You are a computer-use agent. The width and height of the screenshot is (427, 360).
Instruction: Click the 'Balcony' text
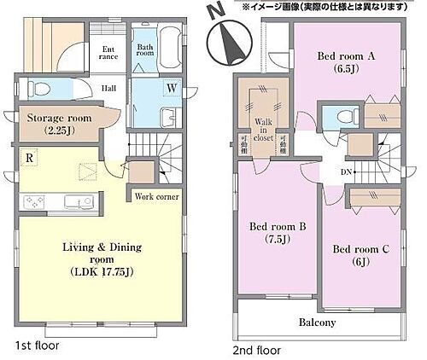(x=317, y=322)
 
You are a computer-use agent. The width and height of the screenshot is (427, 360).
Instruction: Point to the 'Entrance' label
(x=108, y=55)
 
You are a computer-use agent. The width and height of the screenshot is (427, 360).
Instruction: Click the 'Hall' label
(x=110, y=87)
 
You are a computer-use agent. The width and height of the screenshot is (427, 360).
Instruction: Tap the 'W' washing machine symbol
(x=172, y=87)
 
